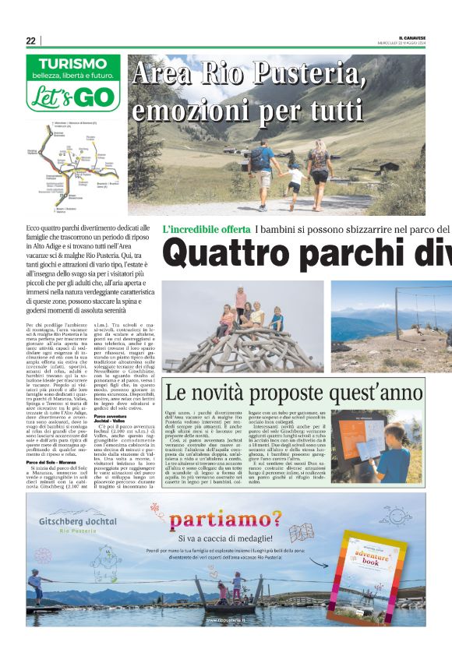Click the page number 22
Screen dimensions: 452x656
[30, 41]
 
